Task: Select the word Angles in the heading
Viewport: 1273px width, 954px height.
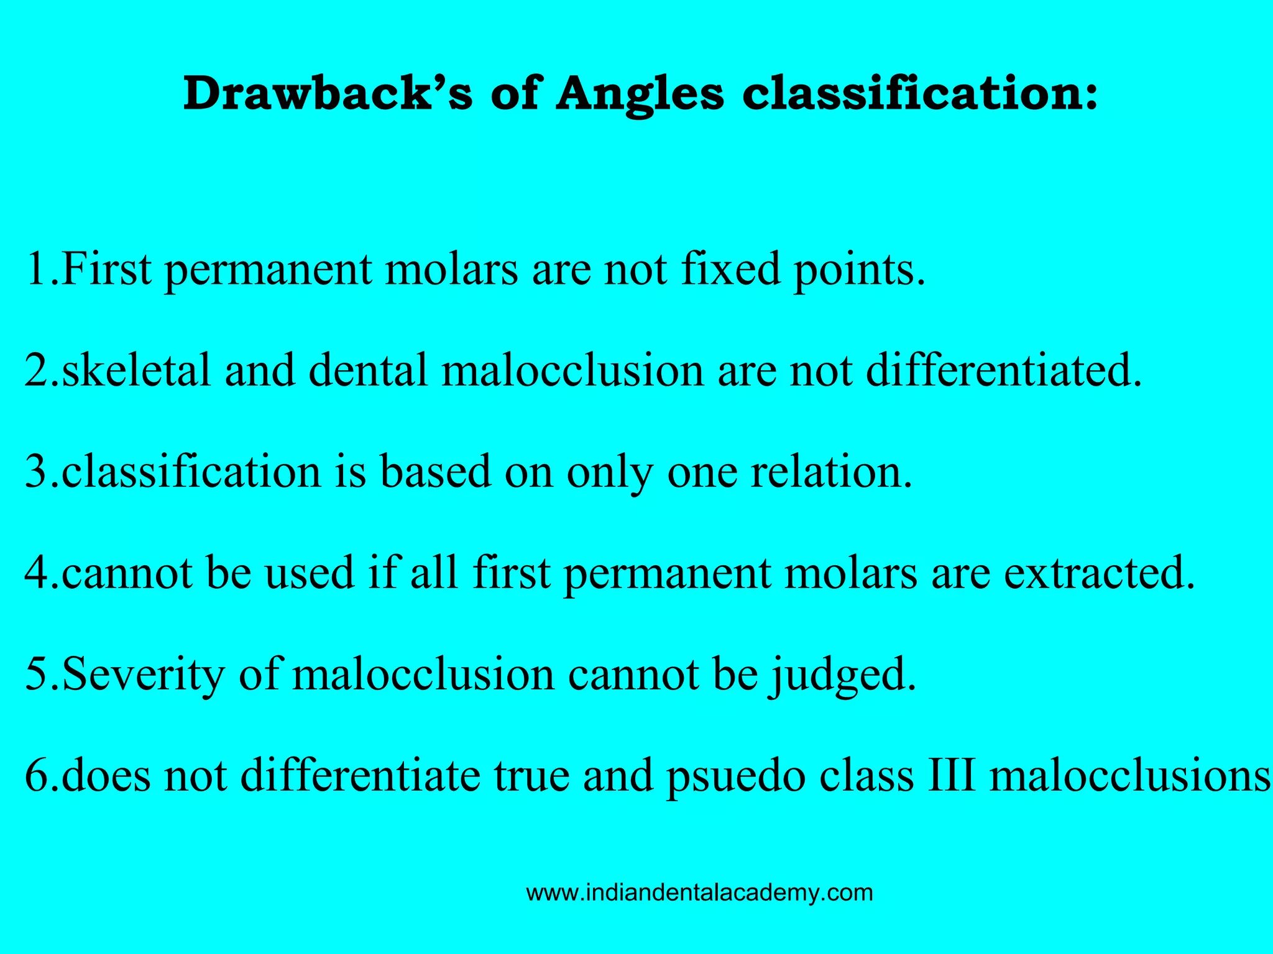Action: coord(640,96)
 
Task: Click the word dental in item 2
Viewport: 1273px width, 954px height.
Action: coord(368,370)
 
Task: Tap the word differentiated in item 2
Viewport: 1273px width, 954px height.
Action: coord(1004,370)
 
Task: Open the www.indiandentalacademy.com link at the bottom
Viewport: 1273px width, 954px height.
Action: coord(699,893)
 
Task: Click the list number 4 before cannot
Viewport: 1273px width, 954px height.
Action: coord(36,573)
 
